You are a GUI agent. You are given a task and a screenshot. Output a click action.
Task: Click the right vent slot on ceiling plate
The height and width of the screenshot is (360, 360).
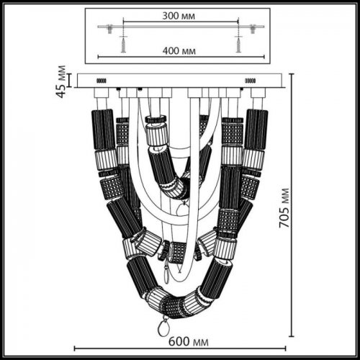click(251, 81)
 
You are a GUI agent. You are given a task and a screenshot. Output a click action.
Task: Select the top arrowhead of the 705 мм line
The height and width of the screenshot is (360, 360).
click(292, 75)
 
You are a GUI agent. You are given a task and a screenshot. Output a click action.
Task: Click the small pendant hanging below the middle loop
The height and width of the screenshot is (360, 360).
click(169, 274)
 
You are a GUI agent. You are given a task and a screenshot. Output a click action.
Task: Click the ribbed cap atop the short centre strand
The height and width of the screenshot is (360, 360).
click(156, 132)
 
